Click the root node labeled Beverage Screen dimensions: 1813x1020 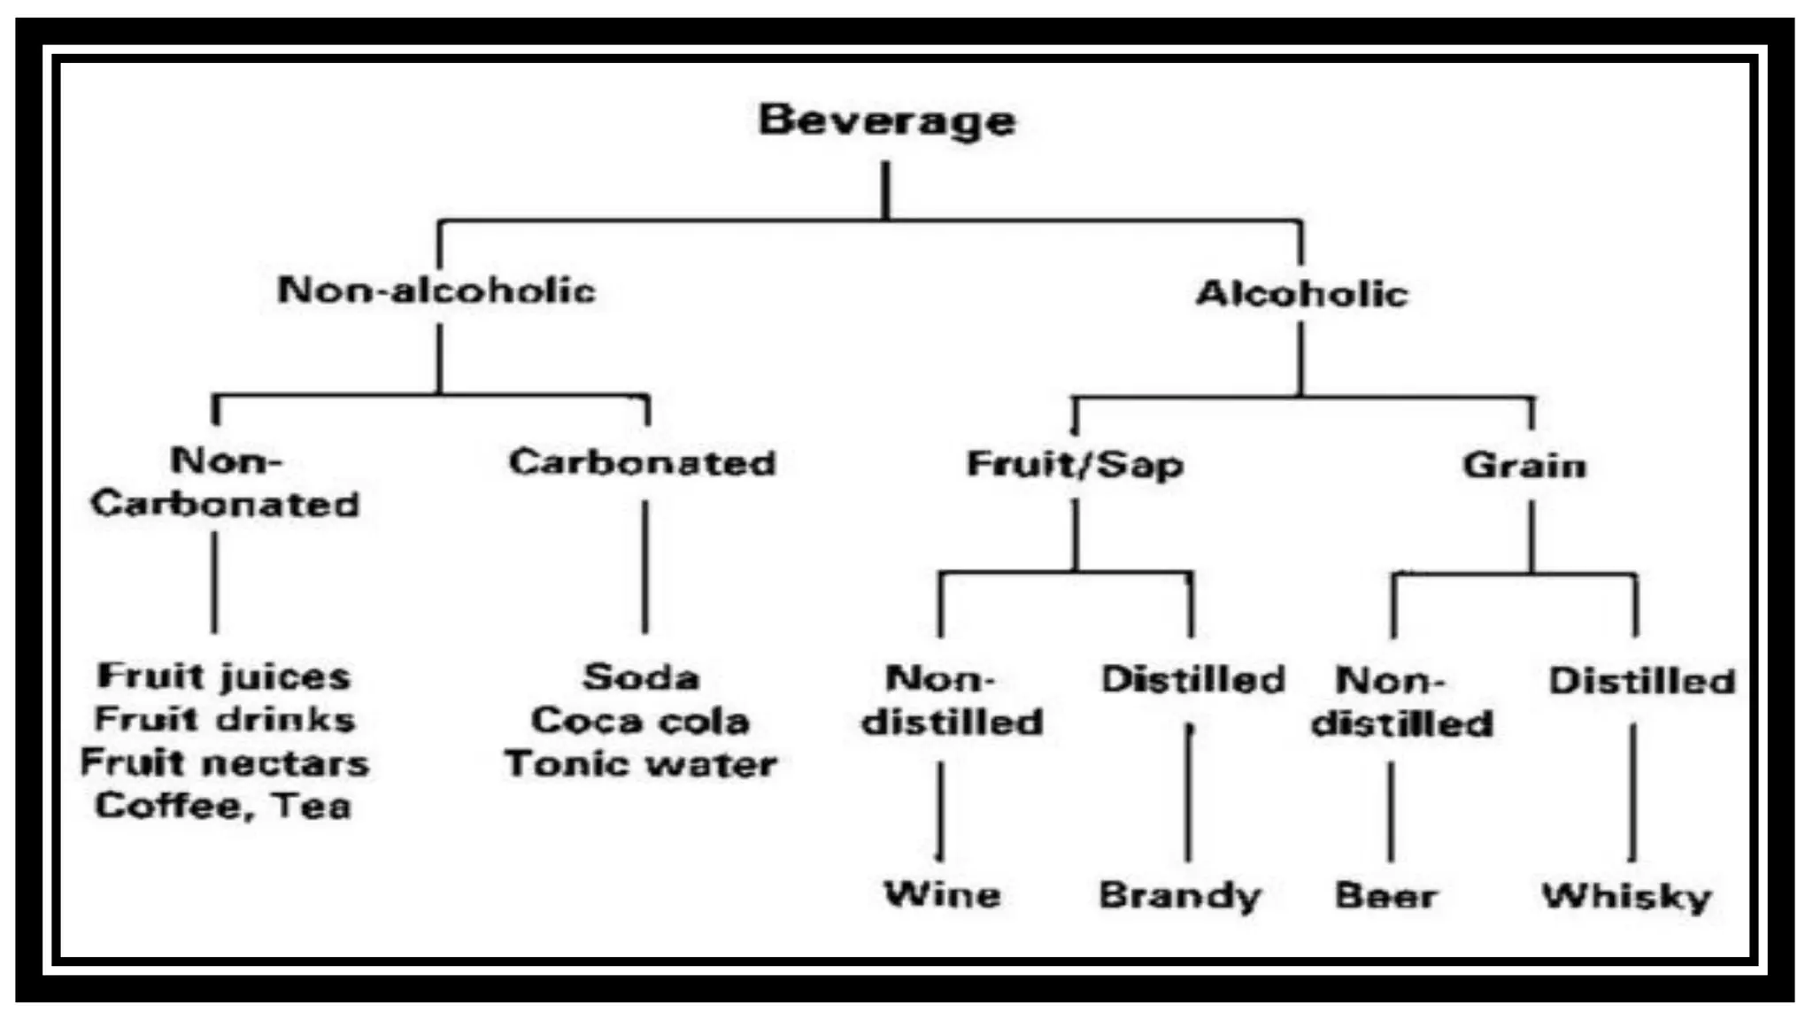click(x=886, y=120)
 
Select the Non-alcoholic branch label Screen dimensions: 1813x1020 click(x=436, y=290)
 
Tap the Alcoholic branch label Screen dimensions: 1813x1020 click(x=1301, y=293)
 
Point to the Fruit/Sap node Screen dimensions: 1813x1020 click(x=1075, y=465)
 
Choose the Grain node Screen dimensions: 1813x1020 click(x=1524, y=466)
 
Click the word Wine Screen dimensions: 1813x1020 click(x=942, y=894)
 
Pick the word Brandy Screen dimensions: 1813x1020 click(x=1179, y=895)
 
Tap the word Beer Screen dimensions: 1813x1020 click(x=1385, y=895)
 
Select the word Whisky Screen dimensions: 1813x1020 click(x=1626, y=896)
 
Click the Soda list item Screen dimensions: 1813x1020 click(x=641, y=677)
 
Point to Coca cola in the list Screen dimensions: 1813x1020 click(x=640, y=721)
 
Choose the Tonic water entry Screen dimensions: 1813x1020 click(x=640, y=764)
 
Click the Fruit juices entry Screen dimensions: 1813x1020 click(x=224, y=676)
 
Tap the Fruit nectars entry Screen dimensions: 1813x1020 click(x=225, y=762)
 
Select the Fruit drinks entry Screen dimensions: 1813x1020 click(x=225, y=719)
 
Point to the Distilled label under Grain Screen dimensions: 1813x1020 click(x=1641, y=681)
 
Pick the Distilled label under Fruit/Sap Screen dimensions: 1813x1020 click(x=1192, y=679)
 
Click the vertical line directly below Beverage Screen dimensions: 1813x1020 click(x=885, y=189)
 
